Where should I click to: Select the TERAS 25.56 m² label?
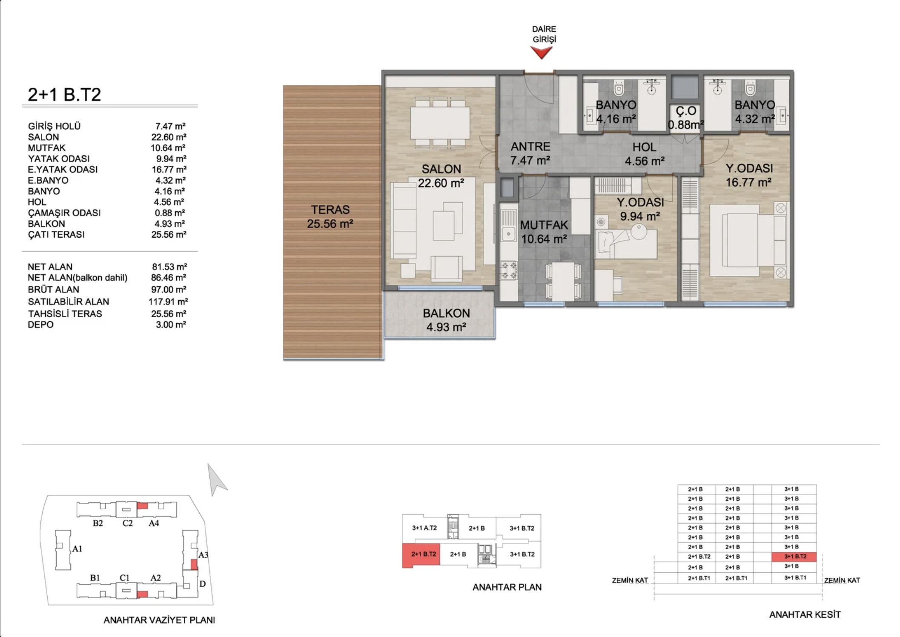[330, 216]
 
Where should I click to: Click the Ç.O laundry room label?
[686, 111]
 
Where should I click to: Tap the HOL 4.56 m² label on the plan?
[644, 154]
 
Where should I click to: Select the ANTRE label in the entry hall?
[530, 146]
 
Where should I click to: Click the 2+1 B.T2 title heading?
[64, 95]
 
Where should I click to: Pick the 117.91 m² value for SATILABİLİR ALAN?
[168, 301]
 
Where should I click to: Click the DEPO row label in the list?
[40, 324]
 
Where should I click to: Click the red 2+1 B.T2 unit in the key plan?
[421, 555]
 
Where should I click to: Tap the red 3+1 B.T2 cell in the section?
[794, 557]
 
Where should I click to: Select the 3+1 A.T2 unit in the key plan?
[424, 528]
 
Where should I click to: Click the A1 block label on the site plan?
[77, 549]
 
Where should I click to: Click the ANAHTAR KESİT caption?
[805, 614]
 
